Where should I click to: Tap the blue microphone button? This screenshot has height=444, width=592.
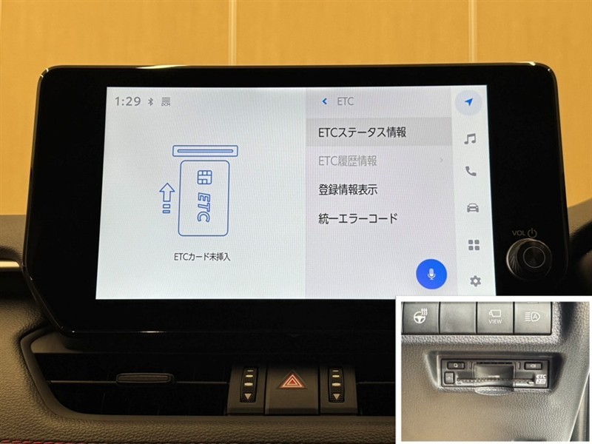[x=431, y=274]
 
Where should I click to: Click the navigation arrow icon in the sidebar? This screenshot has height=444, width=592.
[x=468, y=102]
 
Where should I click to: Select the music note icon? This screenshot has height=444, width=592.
[x=470, y=139]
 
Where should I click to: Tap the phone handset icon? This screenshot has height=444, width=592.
[x=471, y=172]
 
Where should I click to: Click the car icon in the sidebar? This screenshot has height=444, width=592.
[x=473, y=208]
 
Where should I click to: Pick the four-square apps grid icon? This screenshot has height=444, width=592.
[x=474, y=245]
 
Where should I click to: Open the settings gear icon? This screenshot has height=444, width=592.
[x=475, y=281]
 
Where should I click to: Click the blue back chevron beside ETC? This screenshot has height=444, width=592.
[x=324, y=101]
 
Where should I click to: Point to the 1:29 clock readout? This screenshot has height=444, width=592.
[x=127, y=101]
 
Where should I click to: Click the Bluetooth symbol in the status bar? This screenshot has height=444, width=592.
[x=150, y=101]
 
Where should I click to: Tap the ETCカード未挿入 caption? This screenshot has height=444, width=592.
[x=201, y=257]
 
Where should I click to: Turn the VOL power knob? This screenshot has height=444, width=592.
[x=528, y=258]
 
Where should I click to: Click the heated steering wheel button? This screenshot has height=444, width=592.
[x=420, y=316]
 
